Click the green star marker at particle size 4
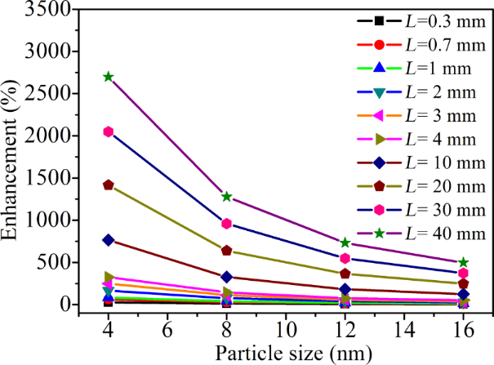pos(109,77)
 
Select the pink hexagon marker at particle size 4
pos(109,131)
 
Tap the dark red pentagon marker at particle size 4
pos(109,185)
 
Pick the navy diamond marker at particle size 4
pos(109,239)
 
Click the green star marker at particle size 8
pos(227,197)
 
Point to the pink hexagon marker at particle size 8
pos(227,224)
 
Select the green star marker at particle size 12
pos(345,243)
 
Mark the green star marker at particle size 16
pos(464,262)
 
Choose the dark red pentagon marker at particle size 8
pos(227,251)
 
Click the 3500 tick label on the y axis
pos(56,10)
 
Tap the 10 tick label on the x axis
pos(286,328)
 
